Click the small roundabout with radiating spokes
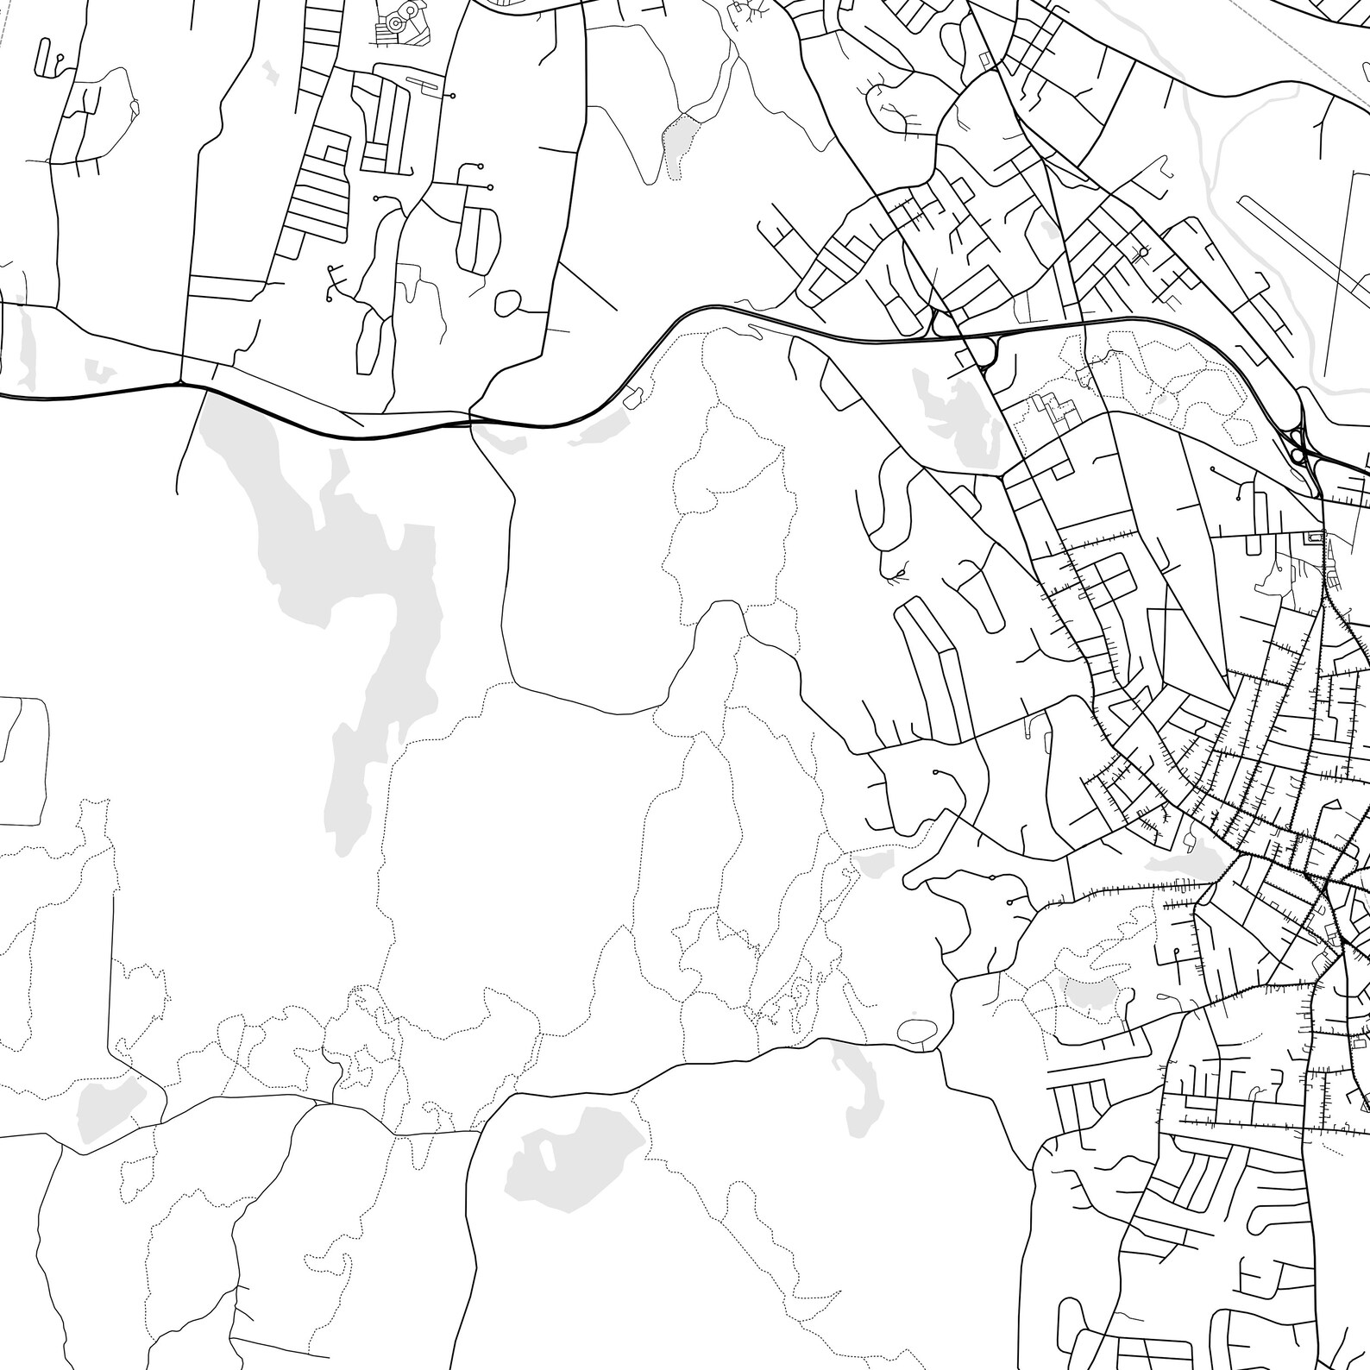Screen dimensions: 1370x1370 tap(1143, 252)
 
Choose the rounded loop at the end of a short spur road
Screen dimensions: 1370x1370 tap(508, 302)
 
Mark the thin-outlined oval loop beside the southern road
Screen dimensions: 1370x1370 tap(911, 1029)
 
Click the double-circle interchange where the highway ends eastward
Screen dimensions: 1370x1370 tap(1296, 449)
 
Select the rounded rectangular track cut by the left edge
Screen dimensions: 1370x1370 tap(22, 759)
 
